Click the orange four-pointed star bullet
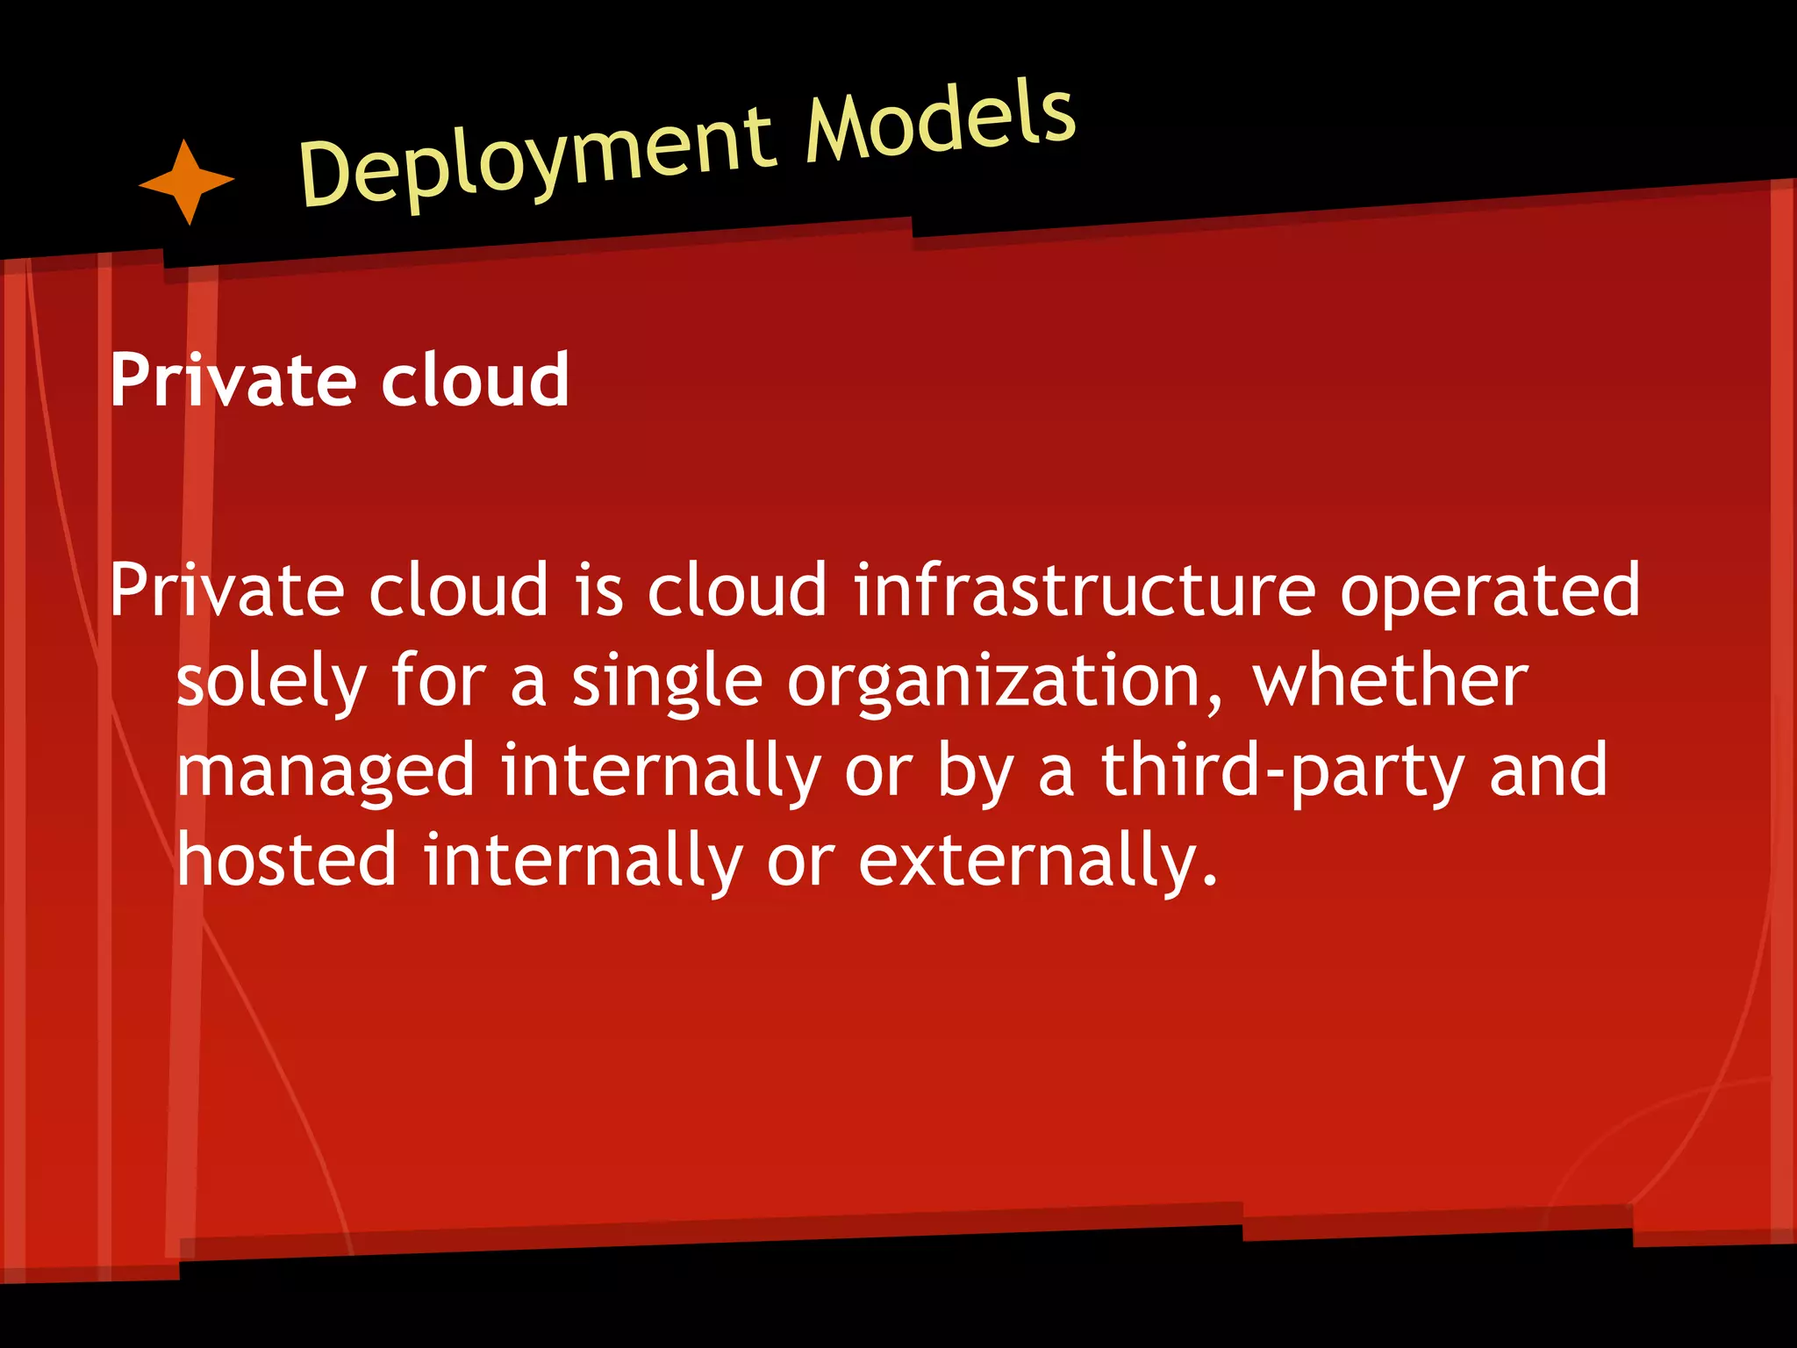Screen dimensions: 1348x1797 (187, 182)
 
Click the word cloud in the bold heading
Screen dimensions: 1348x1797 (475, 381)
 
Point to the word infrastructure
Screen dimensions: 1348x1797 (1085, 590)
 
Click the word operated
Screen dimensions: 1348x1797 (1489, 590)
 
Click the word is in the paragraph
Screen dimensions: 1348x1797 (599, 590)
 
